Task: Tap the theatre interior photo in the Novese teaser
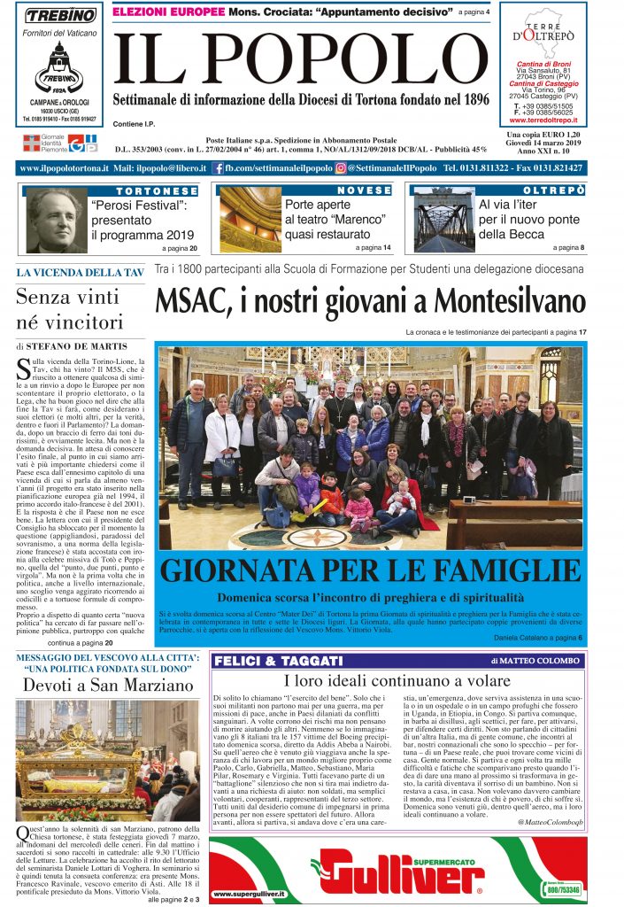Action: pos(250,221)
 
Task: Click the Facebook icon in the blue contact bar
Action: pos(218,167)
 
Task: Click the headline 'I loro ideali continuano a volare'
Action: pos(398,681)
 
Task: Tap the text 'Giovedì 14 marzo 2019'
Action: pos(543,143)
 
